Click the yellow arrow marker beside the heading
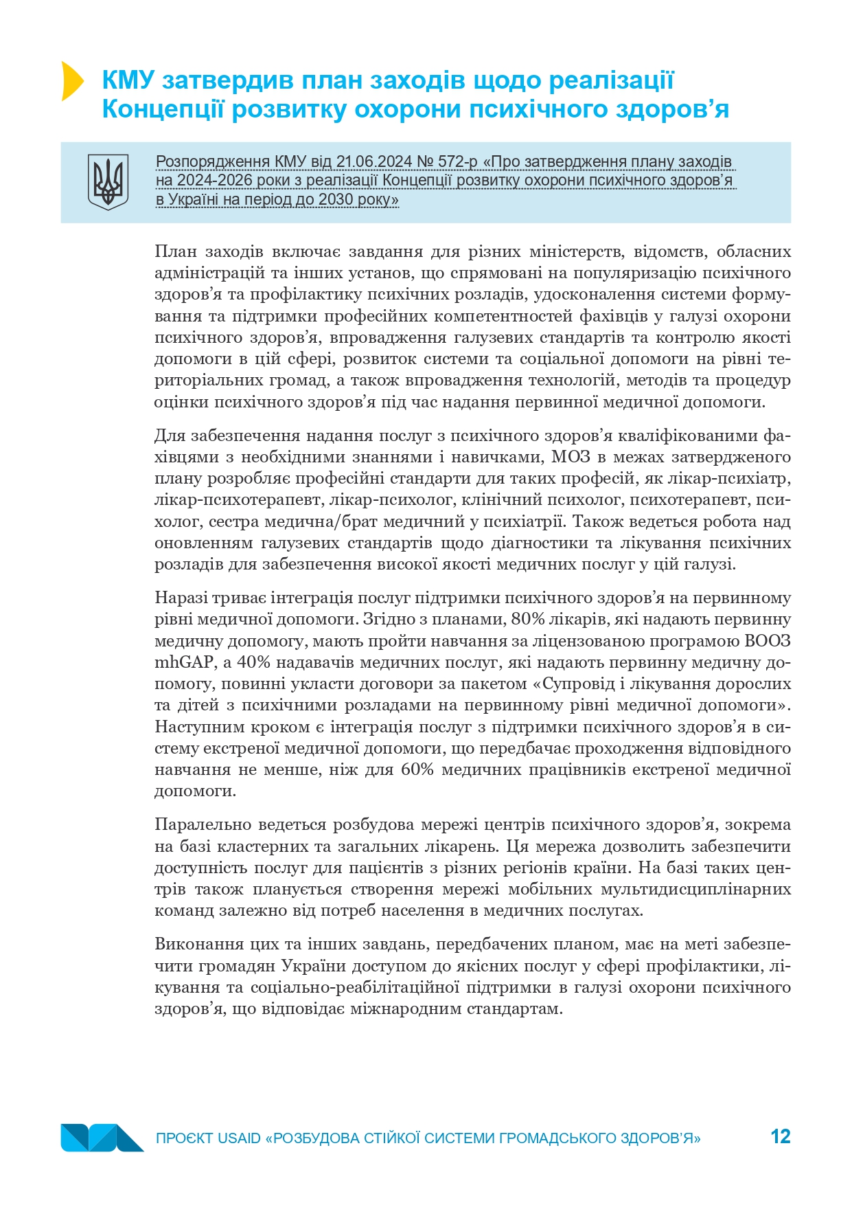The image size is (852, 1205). point(71,81)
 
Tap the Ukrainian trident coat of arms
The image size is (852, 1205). point(108,182)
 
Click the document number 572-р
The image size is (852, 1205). point(457,162)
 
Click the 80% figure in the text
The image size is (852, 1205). point(528,619)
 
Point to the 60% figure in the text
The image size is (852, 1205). point(417,769)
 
